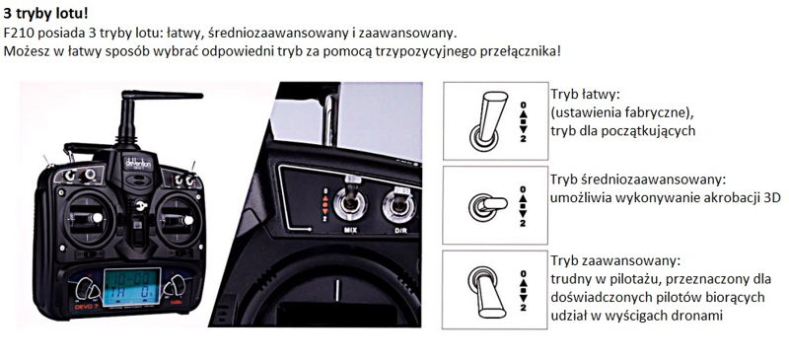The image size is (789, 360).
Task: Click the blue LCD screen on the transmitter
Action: pos(132,286)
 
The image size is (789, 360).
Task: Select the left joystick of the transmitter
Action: pos(88,219)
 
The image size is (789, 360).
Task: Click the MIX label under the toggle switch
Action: pos(350,231)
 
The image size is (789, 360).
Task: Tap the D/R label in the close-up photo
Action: pos(399,232)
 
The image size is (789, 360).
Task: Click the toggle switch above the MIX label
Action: pos(350,199)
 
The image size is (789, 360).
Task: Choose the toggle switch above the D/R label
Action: pos(399,202)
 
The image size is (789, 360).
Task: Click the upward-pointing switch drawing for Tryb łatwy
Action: pos(486,119)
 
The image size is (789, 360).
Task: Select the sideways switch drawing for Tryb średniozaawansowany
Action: pos(487,204)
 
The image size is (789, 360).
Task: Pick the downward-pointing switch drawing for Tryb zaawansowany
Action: pos(486,292)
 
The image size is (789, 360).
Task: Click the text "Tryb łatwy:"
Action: pos(584,95)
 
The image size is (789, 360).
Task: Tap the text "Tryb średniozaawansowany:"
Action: pos(639,180)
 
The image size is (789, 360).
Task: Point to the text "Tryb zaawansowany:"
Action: pos(615,261)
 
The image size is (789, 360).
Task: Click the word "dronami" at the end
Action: pos(698,317)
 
